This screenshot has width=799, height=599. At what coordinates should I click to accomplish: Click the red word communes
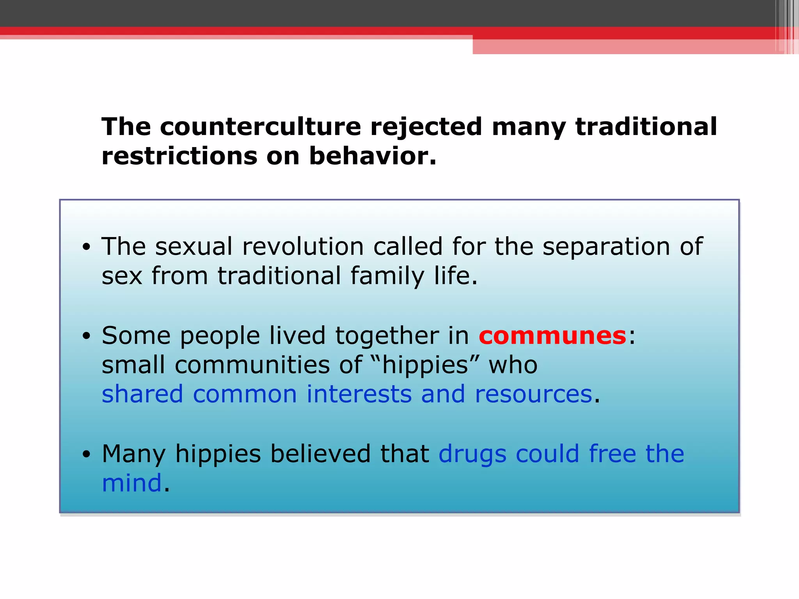point(552,336)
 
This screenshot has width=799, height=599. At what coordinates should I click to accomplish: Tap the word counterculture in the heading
point(260,127)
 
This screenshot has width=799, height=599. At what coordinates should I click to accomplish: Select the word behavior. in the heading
point(372,156)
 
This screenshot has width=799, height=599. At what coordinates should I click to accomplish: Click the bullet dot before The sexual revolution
point(86,247)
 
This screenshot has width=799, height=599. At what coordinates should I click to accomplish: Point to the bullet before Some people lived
point(86,336)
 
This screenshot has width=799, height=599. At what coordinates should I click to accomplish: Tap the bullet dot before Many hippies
point(86,454)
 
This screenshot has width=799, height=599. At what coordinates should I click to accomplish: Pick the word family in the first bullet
point(387,276)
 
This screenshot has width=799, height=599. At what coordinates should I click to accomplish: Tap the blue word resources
point(533,394)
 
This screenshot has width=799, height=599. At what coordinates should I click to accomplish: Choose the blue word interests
point(359,394)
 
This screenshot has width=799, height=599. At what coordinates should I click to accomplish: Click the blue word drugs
point(472,454)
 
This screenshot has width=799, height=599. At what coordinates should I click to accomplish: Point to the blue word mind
point(131,483)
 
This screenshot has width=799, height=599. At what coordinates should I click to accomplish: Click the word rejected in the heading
point(426,127)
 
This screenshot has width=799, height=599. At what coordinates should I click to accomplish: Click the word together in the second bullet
point(387,336)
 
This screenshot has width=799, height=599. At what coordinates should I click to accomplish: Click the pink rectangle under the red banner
point(624,47)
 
